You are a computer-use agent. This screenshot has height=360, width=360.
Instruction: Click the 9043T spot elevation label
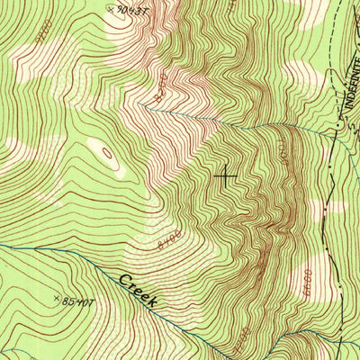click(132, 11)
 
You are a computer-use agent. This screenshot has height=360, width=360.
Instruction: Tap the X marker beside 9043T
click(111, 9)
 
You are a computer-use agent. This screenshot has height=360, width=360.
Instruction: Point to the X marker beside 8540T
click(58, 297)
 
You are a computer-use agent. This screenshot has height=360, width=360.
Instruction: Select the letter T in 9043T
click(144, 13)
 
